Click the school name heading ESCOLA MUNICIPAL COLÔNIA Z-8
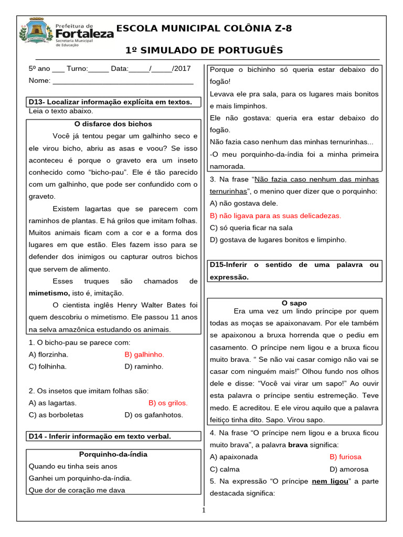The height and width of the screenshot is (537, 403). (x=204, y=28)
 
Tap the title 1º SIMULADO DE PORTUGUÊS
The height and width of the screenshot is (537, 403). (x=204, y=50)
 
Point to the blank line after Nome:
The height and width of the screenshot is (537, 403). (x=123, y=81)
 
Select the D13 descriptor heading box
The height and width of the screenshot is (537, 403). (x=113, y=102)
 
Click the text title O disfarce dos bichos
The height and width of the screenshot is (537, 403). (x=113, y=124)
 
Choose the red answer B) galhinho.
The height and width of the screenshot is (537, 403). (x=144, y=355)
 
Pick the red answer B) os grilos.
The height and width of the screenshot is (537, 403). (x=168, y=403)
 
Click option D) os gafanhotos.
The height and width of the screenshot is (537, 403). (x=154, y=415)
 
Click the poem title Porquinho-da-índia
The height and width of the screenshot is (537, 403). (x=113, y=454)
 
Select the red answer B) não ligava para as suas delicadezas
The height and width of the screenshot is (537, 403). (x=275, y=216)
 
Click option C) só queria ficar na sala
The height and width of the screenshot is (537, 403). (x=251, y=228)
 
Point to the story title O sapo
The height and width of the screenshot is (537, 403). (x=294, y=303)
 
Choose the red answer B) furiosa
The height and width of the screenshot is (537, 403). (x=345, y=457)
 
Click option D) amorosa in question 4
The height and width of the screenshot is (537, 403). (x=349, y=469)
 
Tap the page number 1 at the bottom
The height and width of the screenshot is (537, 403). (x=204, y=511)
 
